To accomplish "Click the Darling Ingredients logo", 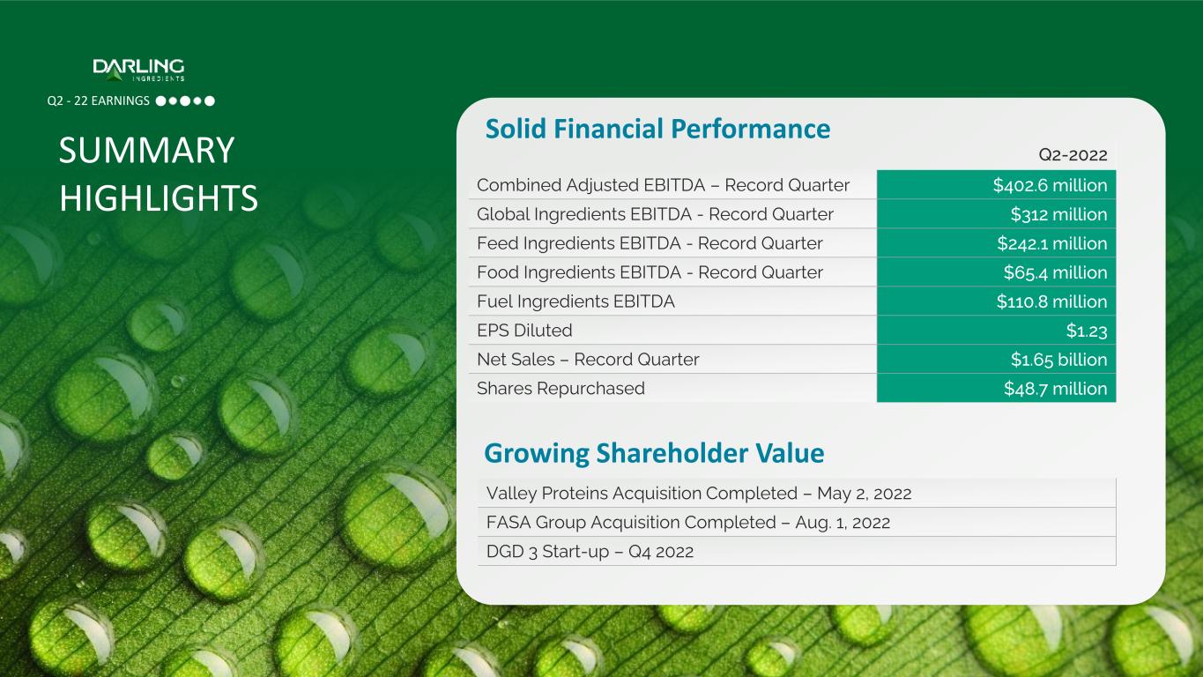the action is click(138, 70).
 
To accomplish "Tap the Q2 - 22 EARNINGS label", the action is click(99, 100).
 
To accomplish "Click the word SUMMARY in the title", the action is click(146, 150).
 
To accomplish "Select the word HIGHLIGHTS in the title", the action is click(159, 197).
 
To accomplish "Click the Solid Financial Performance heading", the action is click(657, 129).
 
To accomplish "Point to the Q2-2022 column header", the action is click(1073, 155).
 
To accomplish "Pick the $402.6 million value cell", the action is click(996, 185).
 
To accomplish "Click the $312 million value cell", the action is click(996, 214).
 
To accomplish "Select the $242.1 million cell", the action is click(996, 243).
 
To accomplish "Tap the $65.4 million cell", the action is click(996, 272).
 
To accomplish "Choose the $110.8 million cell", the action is click(996, 301).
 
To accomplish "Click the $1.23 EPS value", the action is click(1087, 331).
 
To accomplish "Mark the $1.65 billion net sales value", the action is click(1058, 360).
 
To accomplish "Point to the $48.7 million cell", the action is click(996, 388).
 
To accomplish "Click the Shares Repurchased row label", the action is click(561, 389).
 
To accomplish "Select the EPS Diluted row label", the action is click(524, 331).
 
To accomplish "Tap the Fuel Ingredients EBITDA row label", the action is click(576, 301).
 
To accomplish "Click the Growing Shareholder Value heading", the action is click(654, 453).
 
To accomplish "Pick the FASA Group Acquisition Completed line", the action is click(688, 522).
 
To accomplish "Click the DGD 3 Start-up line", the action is click(590, 551).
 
